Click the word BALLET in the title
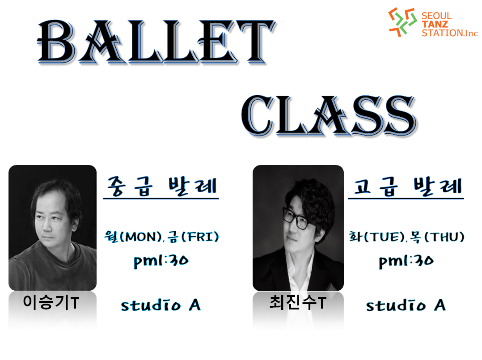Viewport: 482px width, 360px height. [156, 42]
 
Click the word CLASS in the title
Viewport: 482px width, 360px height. [329, 115]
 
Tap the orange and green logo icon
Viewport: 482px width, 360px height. [402, 22]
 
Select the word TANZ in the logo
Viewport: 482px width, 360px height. [435, 24]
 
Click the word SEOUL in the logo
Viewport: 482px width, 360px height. [436, 16]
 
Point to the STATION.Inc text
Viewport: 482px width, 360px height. [449, 33]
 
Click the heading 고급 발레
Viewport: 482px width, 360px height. [407, 186]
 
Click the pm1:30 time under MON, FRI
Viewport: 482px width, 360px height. [161, 261]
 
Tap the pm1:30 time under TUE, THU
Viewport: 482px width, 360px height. [406, 261]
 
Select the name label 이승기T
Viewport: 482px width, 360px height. [51, 302]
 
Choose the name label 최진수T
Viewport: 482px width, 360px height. [298, 302]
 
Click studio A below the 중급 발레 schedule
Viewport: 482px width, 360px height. [161, 305]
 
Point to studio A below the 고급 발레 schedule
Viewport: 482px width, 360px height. [406, 305]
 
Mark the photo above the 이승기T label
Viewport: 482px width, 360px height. [53, 228]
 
